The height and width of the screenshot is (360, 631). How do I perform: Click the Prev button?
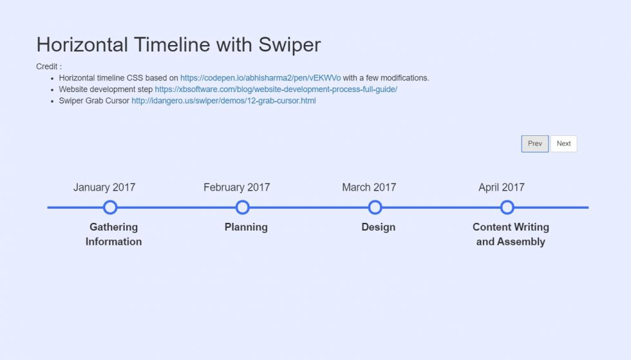[x=535, y=144]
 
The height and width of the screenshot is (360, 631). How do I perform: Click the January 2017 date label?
[x=104, y=187]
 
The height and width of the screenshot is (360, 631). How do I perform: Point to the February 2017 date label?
[x=237, y=187]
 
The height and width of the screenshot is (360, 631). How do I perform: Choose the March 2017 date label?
[x=369, y=187]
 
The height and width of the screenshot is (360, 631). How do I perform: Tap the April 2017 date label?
[x=502, y=187]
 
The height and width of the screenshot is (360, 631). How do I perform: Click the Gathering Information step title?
[x=113, y=234]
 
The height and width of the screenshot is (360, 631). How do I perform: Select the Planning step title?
[x=246, y=227]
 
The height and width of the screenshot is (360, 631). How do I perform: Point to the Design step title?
[x=379, y=227]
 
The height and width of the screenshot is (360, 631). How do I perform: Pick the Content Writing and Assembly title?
[x=511, y=234]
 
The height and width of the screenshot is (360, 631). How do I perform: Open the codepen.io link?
[x=260, y=78]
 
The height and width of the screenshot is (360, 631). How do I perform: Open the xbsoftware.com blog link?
[x=276, y=90]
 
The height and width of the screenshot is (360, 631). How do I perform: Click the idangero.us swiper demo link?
[x=224, y=100]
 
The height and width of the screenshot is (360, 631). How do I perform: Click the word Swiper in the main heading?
[x=289, y=44]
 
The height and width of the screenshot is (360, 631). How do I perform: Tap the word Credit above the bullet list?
[x=46, y=66]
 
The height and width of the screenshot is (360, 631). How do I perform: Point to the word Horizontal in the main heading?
[x=82, y=44]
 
